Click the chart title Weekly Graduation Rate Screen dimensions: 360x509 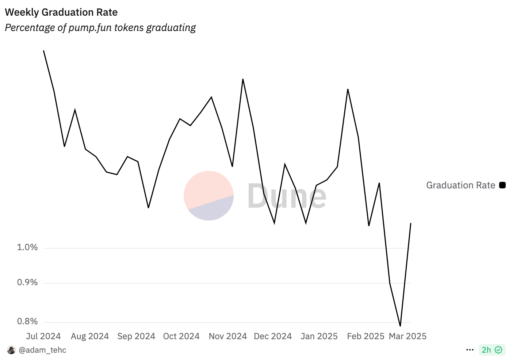pos(61,12)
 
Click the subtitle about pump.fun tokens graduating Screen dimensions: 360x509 pos(100,28)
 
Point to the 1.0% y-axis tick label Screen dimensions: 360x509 pos(27,248)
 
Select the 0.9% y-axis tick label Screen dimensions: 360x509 pos(27,283)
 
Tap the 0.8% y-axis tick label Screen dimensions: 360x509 pos(27,322)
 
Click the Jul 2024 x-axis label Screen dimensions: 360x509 pos(43,336)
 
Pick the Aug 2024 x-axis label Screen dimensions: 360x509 pos(90,336)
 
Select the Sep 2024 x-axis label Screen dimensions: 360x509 pos(136,336)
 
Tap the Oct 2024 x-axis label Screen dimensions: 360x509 pos(181,336)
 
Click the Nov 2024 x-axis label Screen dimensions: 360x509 pos(228,336)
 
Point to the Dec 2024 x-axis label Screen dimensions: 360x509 pos(273,336)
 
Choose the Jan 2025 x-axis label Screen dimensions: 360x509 pos(319,336)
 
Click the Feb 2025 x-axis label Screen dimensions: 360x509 pos(366,336)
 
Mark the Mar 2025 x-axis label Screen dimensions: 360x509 pos(407,336)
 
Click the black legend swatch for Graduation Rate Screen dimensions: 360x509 pos(502,185)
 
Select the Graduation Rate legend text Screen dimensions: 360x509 pos(460,185)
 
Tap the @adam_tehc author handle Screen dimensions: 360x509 pos(42,350)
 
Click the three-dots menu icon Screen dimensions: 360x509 pos(470,350)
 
